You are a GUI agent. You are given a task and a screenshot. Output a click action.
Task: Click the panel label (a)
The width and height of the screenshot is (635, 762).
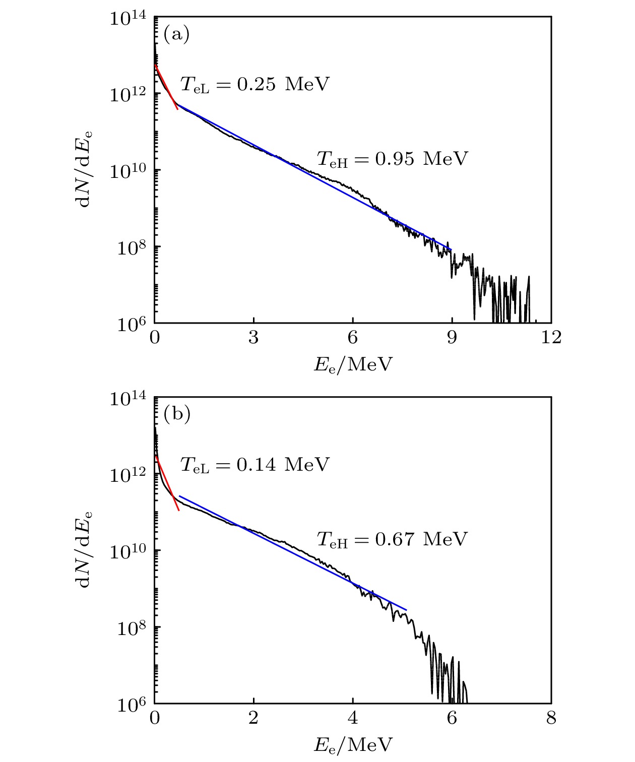[x=176, y=34]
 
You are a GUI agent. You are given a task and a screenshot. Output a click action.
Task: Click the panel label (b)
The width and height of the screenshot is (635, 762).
[x=177, y=414]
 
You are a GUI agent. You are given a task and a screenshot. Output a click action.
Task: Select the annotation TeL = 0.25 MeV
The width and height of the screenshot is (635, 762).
[x=255, y=84]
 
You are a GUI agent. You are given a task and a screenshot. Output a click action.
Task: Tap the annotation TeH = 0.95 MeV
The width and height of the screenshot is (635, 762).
[x=392, y=159]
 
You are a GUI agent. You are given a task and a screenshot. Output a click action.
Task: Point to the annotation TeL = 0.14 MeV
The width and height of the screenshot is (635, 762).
[x=255, y=464]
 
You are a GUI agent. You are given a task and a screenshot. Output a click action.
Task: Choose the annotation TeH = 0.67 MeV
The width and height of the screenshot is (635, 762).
[x=392, y=539]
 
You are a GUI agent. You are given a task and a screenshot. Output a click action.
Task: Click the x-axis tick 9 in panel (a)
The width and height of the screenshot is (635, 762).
[x=452, y=338]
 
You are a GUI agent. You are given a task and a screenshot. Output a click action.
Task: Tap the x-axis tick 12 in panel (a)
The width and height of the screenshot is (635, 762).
[x=551, y=338]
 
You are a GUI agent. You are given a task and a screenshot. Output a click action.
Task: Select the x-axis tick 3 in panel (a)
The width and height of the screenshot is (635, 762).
[x=253, y=338]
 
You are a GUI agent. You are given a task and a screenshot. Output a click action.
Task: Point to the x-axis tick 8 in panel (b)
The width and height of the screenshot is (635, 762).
[x=551, y=718]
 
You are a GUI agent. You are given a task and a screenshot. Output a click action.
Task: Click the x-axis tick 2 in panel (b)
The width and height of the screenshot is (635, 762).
[x=253, y=718]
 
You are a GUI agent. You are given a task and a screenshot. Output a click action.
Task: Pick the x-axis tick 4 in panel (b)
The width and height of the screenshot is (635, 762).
[x=353, y=718]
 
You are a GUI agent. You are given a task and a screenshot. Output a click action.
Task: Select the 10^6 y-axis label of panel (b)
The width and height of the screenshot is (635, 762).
[x=132, y=705]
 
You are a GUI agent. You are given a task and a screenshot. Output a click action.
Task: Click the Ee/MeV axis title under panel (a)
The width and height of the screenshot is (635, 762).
[x=353, y=364]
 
